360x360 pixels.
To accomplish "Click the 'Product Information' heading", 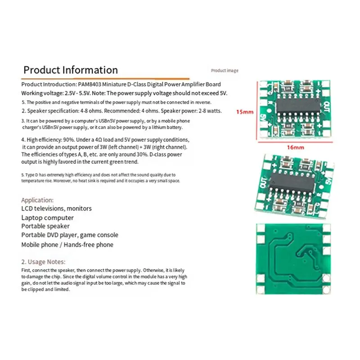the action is [71, 70].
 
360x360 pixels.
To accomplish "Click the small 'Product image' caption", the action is [225, 71].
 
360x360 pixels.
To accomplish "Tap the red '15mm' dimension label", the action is [245, 112].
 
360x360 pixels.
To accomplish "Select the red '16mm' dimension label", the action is [295, 148].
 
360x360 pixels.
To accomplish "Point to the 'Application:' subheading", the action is [37, 200].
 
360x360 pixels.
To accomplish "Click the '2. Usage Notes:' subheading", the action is [43, 262].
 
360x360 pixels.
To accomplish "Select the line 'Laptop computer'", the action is [48, 218].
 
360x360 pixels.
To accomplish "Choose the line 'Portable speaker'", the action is [45, 226].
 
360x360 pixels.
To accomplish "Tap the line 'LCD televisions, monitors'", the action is [57, 208].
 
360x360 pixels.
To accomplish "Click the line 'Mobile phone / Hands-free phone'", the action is [67, 245].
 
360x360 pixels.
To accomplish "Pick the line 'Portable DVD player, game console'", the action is [70, 235].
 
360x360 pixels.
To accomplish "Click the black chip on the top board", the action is [298, 106].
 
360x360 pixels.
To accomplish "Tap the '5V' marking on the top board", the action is [263, 119].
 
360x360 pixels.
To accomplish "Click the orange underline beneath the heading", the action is [105, 79].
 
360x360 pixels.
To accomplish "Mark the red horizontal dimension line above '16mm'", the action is [295, 142].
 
